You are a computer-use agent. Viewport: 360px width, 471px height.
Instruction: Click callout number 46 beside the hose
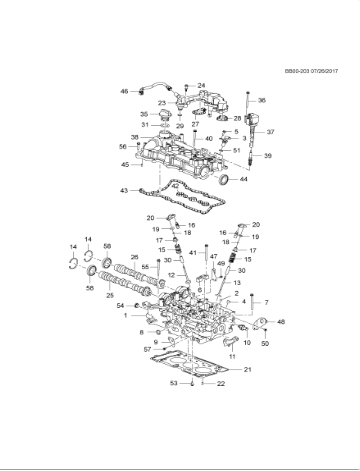click(125, 91)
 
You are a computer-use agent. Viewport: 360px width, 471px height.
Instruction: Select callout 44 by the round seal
click(271, 179)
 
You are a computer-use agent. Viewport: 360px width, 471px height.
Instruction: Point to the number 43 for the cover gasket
click(123, 190)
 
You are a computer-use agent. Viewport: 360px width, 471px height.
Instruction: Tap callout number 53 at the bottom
click(174, 383)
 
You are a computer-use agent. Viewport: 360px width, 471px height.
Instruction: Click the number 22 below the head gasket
click(221, 383)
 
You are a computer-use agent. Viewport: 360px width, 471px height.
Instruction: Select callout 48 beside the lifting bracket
click(280, 321)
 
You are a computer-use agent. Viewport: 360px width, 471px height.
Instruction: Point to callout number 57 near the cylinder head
click(146, 349)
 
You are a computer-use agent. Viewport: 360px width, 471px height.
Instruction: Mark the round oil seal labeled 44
click(249, 179)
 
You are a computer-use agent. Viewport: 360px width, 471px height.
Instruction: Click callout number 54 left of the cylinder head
click(121, 304)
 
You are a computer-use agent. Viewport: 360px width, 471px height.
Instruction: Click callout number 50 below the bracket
click(265, 343)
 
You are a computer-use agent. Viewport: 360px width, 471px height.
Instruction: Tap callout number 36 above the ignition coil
click(262, 101)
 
